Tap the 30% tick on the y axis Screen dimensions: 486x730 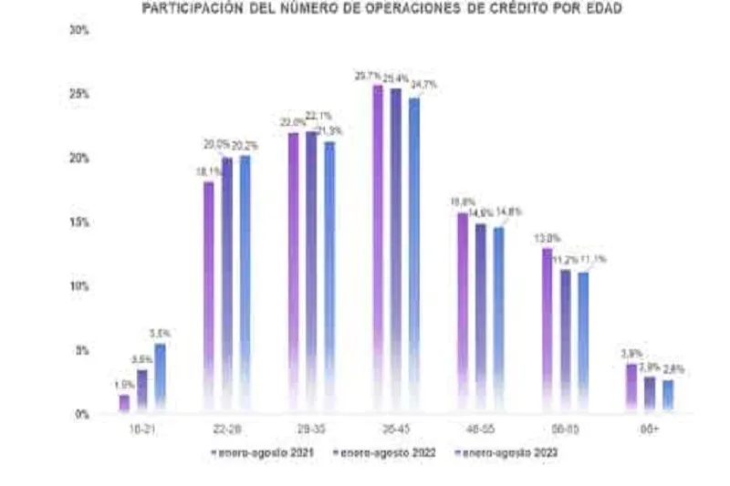pyautogui.click(x=79, y=30)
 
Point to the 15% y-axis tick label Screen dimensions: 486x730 pyautogui.click(x=79, y=222)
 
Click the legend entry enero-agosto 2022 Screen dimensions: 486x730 pyautogui.click(x=383, y=452)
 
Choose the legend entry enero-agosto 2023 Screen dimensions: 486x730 pyautogui.click(x=509, y=452)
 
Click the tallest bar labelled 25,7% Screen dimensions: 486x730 pyautogui.click(x=377, y=246)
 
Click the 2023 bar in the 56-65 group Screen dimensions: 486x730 pyautogui.click(x=583, y=342)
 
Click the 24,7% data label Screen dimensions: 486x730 pyautogui.click(x=424, y=85)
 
